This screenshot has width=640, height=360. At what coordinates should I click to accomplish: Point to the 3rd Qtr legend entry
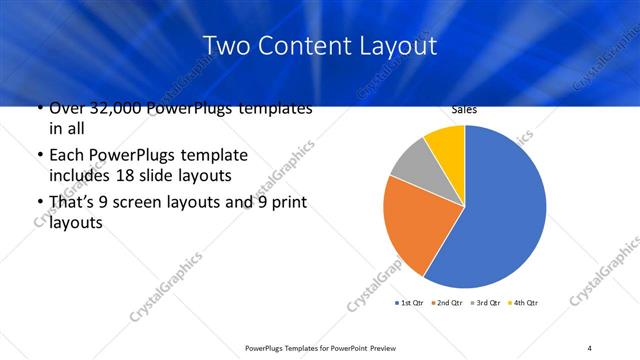[x=487, y=303]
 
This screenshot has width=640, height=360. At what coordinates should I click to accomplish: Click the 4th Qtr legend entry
[x=523, y=303]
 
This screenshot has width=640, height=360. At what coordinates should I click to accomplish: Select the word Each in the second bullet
[x=65, y=155]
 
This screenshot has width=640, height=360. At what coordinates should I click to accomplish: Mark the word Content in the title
[x=305, y=46]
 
